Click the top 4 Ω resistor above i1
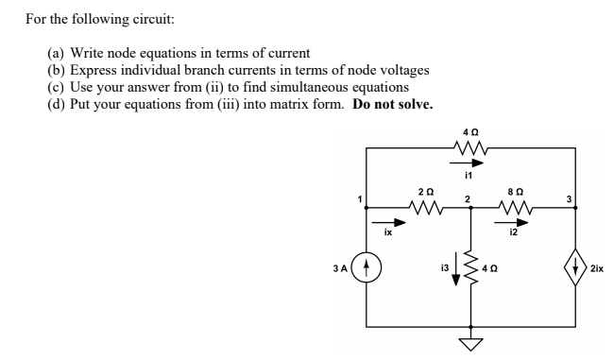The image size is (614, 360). point(469,147)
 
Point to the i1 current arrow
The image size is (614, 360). point(469,162)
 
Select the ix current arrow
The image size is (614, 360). point(397,223)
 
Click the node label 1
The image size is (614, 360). point(359,198)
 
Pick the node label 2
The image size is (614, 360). point(466,198)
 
